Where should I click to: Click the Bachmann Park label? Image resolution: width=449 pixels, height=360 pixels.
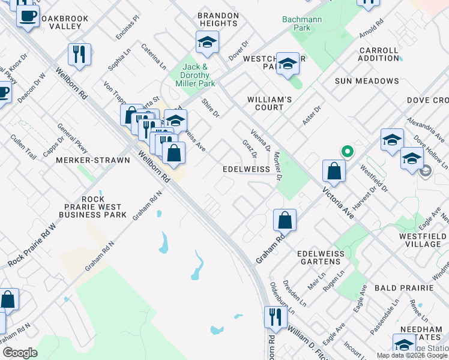(304, 23)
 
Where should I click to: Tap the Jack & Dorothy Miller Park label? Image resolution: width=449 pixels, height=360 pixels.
(195, 76)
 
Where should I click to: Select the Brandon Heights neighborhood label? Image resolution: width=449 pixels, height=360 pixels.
(218, 19)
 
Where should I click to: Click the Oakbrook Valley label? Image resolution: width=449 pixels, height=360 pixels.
(64, 23)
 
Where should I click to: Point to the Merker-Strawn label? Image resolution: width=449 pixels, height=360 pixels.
(93, 161)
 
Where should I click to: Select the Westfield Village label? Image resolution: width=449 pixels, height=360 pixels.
(422, 240)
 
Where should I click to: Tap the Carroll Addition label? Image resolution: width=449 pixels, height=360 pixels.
(379, 55)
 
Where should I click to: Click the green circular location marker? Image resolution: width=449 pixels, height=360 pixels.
(346, 152)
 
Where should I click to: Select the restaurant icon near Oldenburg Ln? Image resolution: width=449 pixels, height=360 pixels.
(275, 316)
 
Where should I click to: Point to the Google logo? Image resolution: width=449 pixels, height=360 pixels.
(20, 353)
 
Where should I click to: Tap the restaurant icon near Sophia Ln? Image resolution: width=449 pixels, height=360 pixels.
(79, 55)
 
